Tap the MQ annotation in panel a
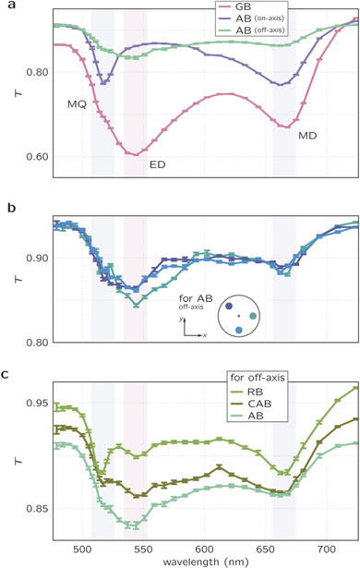(77, 103)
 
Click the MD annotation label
(307, 136)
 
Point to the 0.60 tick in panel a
(36, 155)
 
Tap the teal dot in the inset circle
(252, 317)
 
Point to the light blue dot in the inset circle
(238, 329)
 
